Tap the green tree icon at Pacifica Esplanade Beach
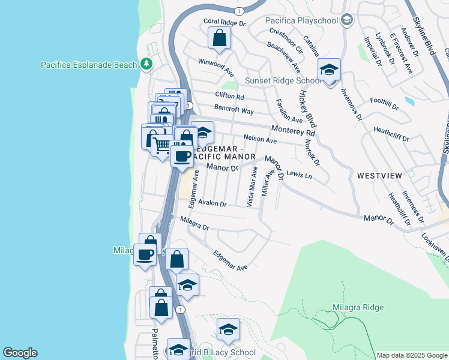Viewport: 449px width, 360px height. coord(146,64)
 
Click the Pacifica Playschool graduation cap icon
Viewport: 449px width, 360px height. coord(346,20)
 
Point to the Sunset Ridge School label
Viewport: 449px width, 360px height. coord(283,80)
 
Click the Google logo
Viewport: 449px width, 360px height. coord(20,353)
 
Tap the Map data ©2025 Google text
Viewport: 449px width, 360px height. coord(411,355)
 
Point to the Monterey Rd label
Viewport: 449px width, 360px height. coord(293,130)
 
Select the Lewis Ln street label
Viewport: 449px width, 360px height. coord(300,175)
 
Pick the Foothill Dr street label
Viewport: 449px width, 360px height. coord(384,103)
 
